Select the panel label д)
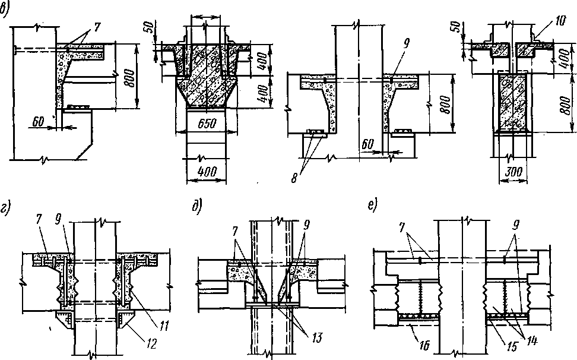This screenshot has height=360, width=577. coord(196,208)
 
